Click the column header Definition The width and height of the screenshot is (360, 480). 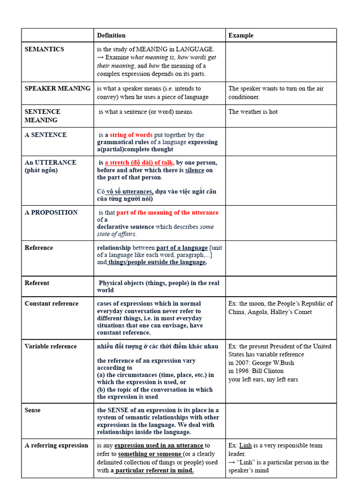pos(111,35)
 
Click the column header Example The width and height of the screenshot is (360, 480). pos(240,35)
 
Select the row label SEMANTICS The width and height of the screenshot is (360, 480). pos(45,49)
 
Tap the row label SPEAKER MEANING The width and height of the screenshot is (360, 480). pos(57,88)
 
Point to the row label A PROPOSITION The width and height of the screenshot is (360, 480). pos(51,212)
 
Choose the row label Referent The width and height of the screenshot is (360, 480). pos(37,283)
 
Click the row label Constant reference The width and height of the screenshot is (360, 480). pos(52,304)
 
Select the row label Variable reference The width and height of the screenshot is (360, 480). pos(51,346)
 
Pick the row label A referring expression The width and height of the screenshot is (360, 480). pos(56,445)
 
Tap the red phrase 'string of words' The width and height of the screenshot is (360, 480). pos(131,135)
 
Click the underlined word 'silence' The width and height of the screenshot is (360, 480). pos(195,170)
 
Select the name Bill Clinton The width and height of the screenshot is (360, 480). pos(268,371)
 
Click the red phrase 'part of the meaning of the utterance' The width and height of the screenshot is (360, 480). pos(167,212)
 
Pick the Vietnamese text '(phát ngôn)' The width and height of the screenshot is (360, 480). pos(41,170)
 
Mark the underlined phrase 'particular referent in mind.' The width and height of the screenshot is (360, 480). pos(154,470)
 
